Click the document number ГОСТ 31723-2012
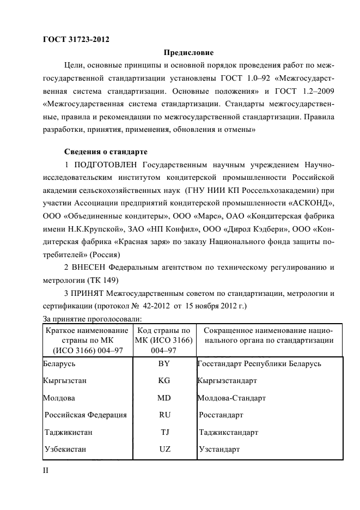(79, 40)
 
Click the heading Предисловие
(188, 53)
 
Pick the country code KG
(164, 381)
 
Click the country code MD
(164, 398)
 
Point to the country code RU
(165, 415)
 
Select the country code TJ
(165, 433)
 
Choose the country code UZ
(165, 450)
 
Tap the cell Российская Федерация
(86, 415)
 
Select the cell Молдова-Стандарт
(231, 398)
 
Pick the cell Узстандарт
(219, 450)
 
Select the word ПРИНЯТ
(88, 294)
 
